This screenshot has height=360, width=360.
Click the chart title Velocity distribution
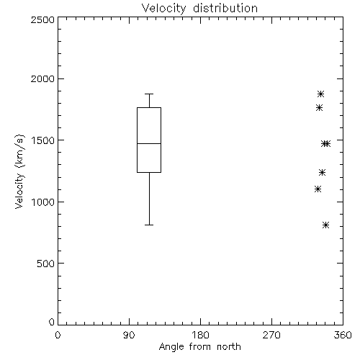[199, 9]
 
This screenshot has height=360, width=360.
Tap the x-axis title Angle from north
[199, 347]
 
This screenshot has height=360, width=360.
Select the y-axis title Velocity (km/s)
[19, 171]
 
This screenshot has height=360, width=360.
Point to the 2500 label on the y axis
[42, 19]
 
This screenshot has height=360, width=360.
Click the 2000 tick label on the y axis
[42, 78]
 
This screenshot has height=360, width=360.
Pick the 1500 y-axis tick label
[43, 140]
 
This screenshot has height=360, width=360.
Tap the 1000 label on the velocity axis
[43, 202]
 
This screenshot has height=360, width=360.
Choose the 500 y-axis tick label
[46, 264]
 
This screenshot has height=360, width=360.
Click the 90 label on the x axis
[129, 335]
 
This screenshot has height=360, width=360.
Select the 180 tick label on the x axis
[200, 335]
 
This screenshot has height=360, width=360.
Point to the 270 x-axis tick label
[271, 335]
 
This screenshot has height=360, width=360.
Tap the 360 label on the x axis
[343, 335]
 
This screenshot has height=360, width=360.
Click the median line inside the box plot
[149, 143]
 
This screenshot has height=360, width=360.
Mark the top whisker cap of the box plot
[149, 94]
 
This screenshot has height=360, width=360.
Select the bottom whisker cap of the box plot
[149, 225]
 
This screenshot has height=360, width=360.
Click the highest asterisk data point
[321, 94]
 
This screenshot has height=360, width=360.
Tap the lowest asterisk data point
[325, 225]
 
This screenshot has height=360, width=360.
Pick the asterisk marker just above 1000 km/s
[318, 189]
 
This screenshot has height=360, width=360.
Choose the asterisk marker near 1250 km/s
[323, 172]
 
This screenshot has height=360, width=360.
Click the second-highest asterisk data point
[319, 108]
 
